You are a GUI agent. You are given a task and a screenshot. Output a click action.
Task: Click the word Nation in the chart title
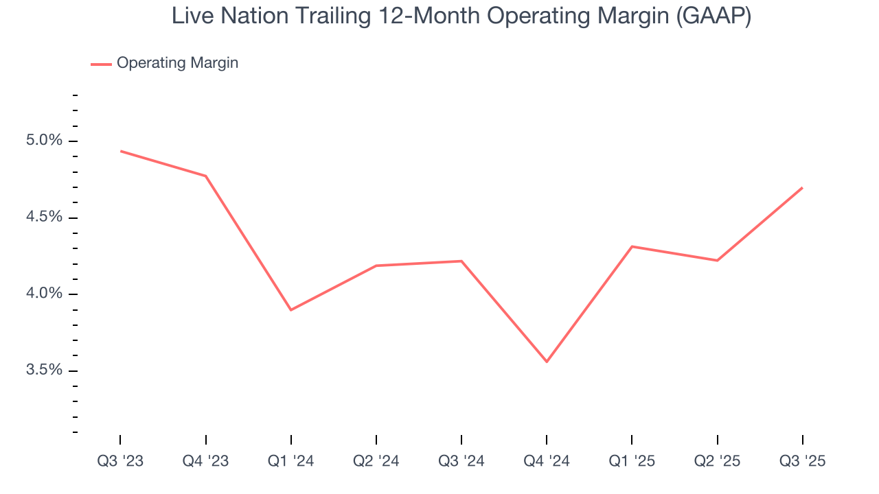coord(264,16)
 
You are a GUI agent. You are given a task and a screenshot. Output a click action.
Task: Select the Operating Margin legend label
coord(177,63)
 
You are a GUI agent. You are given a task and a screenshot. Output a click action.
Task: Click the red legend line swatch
coord(101,64)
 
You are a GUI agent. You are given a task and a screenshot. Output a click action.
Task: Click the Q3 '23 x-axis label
coord(120,462)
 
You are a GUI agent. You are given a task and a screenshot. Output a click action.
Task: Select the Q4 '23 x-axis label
coord(205,462)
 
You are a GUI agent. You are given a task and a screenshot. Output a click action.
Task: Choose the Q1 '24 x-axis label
coord(291,462)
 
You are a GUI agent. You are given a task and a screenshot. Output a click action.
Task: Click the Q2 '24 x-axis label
coord(376,462)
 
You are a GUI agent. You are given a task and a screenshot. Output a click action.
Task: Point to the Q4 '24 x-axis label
coord(547,462)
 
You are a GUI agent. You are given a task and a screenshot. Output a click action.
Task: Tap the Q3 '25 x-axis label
coord(802,462)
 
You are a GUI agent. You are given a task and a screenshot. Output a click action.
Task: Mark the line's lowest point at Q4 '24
coord(547,362)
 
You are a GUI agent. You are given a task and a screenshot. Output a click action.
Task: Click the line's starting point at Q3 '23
coord(121,151)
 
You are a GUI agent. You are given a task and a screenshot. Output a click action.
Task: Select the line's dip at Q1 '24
coord(291,310)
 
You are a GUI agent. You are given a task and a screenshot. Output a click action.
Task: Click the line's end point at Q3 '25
coord(802,187)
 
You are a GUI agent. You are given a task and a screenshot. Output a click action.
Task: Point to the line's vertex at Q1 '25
coord(632,246)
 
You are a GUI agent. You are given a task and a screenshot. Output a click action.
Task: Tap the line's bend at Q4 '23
coord(206,176)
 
